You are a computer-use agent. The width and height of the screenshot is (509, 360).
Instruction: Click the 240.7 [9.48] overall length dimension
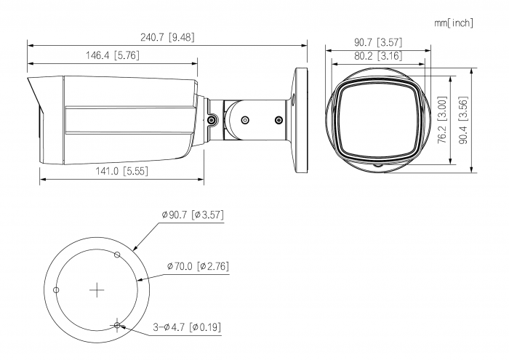(x=167, y=37)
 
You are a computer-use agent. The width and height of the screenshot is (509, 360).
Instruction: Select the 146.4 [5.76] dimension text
(x=112, y=55)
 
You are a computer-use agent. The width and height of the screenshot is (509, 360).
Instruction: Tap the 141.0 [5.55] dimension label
(x=121, y=171)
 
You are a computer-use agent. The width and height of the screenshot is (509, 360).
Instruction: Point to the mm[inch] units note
(x=454, y=23)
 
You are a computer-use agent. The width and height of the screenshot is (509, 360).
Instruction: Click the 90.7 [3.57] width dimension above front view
(x=378, y=42)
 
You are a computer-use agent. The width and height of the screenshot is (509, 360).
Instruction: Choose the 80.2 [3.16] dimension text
(x=378, y=56)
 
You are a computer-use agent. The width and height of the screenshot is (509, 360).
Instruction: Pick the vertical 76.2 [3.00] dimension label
(x=442, y=120)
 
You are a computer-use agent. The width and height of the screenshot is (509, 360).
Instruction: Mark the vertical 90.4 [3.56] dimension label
(x=463, y=120)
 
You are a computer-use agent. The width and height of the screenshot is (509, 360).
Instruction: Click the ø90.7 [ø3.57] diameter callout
(x=193, y=215)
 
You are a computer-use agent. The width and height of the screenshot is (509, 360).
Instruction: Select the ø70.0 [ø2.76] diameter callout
(x=198, y=266)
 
